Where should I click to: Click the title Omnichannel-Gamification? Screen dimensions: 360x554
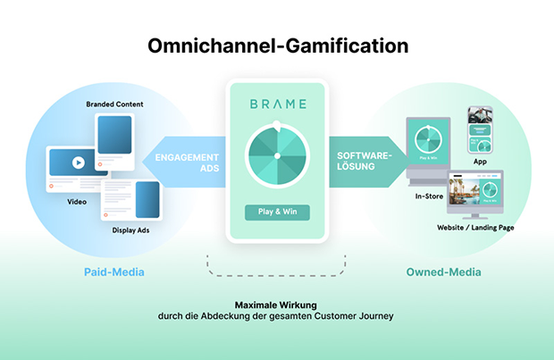point(277,46)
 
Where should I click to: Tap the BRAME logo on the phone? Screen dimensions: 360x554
point(277,104)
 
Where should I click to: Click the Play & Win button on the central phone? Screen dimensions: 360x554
point(277,213)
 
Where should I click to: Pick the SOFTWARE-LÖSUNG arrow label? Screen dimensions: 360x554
point(361,162)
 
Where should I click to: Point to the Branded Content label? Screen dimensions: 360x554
point(114,105)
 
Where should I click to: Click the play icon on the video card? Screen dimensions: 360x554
point(78,163)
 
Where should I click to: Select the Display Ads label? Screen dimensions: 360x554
point(130,230)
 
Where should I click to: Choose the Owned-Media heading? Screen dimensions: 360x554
point(445,272)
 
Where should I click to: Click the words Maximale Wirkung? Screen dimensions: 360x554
point(276,303)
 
